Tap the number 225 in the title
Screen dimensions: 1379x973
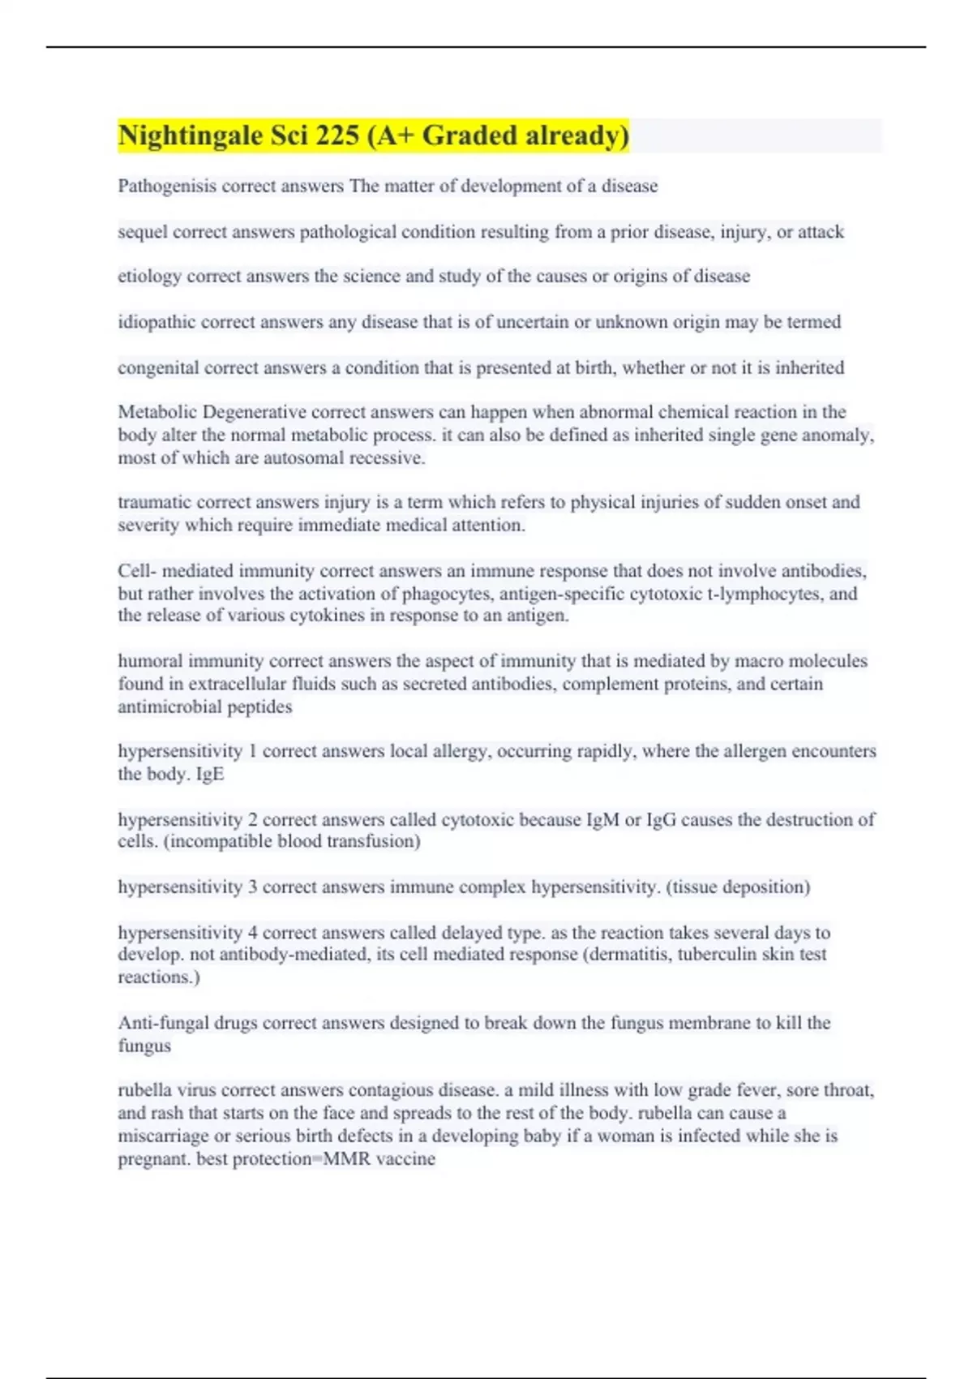(x=337, y=135)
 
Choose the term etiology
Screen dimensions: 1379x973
(x=150, y=277)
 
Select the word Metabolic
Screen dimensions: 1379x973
(x=157, y=412)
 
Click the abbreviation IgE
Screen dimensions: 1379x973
(x=210, y=774)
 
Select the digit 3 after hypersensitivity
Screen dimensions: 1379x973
(x=253, y=887)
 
